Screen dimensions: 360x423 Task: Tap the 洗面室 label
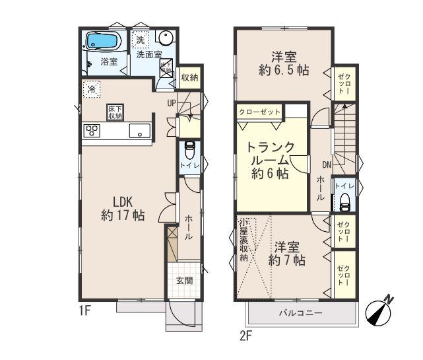(x=149, y=55)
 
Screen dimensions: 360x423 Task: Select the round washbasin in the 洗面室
(x=166, y=38)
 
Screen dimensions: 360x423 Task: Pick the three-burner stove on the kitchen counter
(x=92, y=130)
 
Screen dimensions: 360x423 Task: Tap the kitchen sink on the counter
(x=139, y=130)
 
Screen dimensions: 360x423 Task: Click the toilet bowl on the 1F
(x=189, y=147)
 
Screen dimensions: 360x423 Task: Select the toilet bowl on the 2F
(x=343, y=203)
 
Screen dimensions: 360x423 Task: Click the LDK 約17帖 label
(x=123, y=207)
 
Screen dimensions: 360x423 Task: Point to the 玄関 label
(x=184, y=280)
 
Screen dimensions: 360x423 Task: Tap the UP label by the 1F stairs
(x=172, y=103)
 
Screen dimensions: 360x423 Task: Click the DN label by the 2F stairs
(x=327, y=164)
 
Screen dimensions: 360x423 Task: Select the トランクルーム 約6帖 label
(x=268, y=161)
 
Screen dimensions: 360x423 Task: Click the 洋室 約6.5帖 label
(x=281, y=63)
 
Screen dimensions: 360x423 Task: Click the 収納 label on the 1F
(x=189, y=78)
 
